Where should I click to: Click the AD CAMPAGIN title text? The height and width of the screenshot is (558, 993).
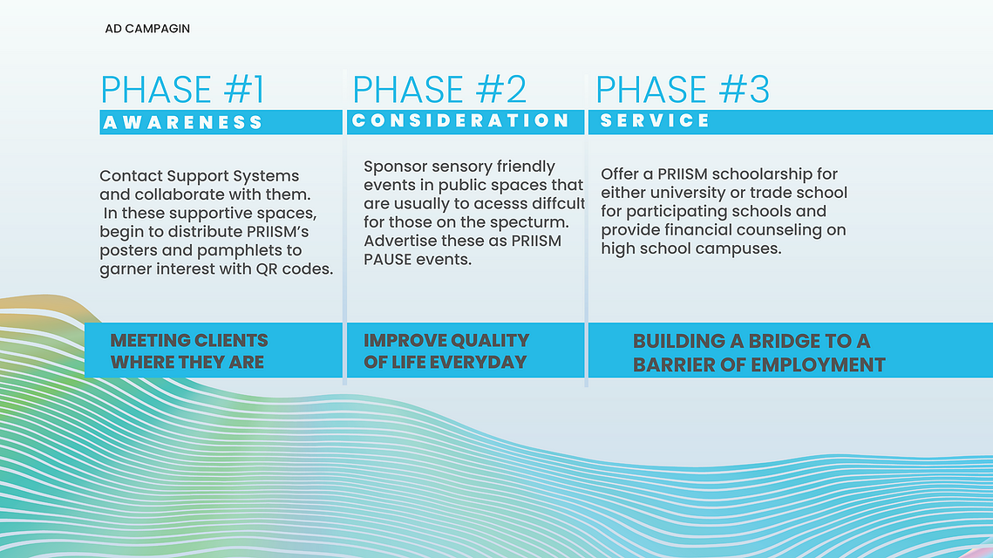pos(147,29)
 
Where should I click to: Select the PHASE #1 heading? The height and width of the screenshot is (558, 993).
pos(182,89)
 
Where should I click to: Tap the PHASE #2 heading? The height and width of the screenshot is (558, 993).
pos(439,89)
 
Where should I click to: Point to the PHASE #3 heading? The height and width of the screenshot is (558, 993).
pos(683,89)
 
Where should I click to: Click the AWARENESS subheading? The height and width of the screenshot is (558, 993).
pos(183,122)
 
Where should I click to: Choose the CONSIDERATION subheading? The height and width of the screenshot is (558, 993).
pos(461,120)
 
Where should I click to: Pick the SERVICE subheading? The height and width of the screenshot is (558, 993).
pos(655,120)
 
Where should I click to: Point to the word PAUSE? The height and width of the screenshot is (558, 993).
pos(388,259)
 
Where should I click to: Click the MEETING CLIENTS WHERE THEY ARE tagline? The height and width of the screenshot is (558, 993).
pos(189,350)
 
